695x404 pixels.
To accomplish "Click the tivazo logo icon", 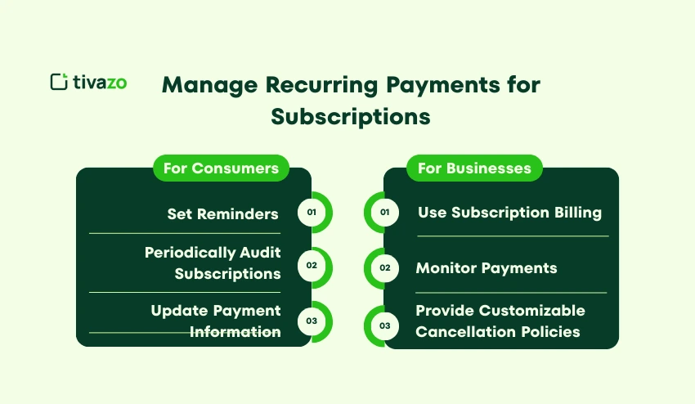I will (58, 82).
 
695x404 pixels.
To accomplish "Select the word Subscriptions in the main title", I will (351, 116).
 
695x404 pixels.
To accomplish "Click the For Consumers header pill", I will (221, 168).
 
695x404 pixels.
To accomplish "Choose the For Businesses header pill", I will (474, 168).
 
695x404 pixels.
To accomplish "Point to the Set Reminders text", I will (222, 213).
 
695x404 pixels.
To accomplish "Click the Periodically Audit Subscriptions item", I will (213, 263).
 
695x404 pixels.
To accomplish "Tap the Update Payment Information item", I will (216, 321).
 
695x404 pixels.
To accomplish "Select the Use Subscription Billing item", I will (509, 213).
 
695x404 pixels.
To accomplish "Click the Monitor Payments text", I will (486, 267).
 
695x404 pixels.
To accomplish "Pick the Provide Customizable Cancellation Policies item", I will (500, 321).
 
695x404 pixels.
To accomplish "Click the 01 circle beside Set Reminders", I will (312, 213).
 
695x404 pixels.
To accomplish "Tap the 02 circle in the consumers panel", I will (312, 266).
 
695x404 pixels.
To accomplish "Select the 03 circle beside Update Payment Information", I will (312, 321).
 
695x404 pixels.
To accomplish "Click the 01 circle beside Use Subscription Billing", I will (385, 213).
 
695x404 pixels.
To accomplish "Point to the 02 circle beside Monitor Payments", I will (385, 267).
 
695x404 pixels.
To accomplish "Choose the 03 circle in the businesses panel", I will (385, 325).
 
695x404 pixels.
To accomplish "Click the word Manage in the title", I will (213, 85).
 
